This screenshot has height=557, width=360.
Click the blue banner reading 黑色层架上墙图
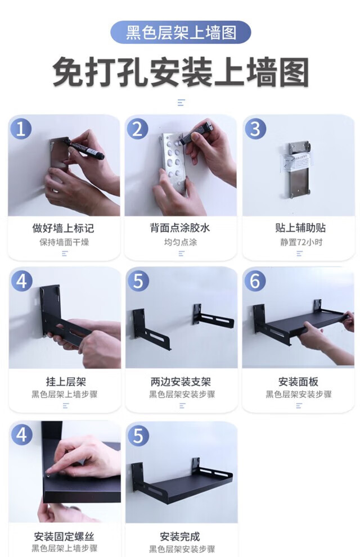pos(181,33)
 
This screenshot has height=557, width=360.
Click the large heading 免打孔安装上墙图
pos(181,72)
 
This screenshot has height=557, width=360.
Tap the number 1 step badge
pos(21,129)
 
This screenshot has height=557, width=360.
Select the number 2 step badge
pos(138,129)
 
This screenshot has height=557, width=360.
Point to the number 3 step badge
pos(255,129)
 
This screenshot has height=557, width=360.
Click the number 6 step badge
pos(255,280)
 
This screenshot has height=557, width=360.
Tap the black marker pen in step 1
pos(84,150)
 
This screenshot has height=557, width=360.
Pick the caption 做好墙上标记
pos(64,228)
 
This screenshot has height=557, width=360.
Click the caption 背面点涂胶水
pos(180,228)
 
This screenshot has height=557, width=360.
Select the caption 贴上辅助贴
pos(300,228)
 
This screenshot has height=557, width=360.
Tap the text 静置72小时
pos(301,242)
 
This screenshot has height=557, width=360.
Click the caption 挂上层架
pos(66,382)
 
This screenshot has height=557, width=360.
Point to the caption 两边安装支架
pos(181,382)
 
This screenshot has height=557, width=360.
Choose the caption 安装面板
pos(298,382)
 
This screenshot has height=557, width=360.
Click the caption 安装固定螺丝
pos(64,536)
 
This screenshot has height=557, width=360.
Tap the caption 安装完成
pos(180,536)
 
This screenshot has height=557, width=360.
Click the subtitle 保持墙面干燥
pos(64,242)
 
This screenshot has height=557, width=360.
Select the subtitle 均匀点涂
pos(181,242)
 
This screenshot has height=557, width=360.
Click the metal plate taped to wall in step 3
pos(299,170)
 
